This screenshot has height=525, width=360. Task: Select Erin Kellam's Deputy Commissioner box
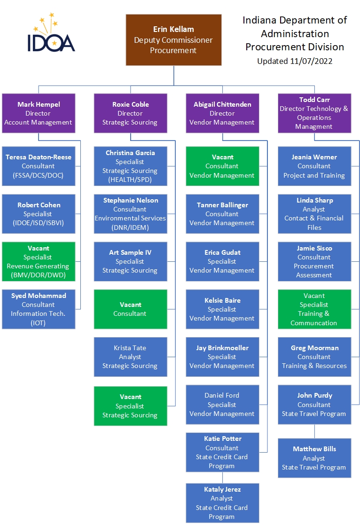[x=173, y=39]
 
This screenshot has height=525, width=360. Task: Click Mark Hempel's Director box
[x=39, y=113]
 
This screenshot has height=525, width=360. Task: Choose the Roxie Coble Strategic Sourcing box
[x=130, y=113]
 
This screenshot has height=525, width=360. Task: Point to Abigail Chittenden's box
[x=222, y=113]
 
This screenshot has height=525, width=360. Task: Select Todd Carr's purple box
[x=314, y=113]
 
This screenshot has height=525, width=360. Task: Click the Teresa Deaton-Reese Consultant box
[x=39, y=166]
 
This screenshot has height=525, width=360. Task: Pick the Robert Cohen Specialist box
[x=39, y=214]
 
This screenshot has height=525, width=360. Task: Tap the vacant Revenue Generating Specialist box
[x=39, y=262]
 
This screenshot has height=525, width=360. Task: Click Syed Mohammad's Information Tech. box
[x=39, y=309]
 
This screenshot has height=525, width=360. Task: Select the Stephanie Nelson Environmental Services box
[x=130, y=214]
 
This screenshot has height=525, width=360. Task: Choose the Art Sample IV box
[x=130, y=261]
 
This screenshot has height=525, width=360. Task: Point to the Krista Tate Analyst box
[x=130, y=357]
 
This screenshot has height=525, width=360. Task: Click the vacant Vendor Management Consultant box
[x=222, y=166]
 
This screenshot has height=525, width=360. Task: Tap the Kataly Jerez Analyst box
[x=222, y=503]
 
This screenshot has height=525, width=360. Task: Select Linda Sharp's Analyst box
[x=314, y=214]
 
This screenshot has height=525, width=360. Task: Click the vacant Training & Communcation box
[x=314, y=309]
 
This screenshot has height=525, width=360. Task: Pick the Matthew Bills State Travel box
[x=314, y=458]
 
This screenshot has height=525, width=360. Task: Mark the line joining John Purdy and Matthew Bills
[x=314, y=431]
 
